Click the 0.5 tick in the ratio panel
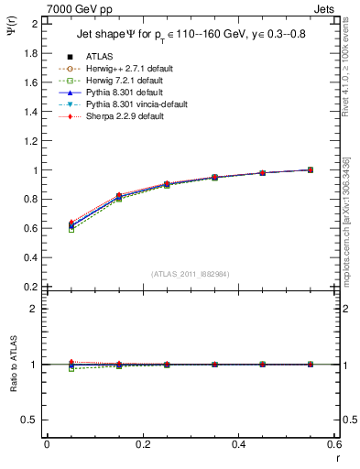[x=32, y=420]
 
